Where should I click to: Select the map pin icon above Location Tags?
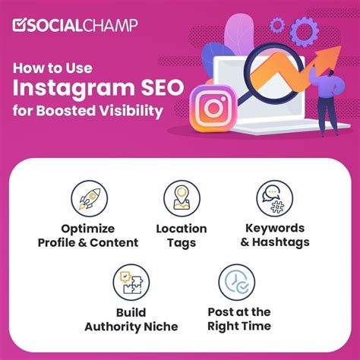tap(181, 198)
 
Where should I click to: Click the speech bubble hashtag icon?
tap(274, 198)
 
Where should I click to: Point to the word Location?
tap(181, 229)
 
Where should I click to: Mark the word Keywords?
tap(274, 229)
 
